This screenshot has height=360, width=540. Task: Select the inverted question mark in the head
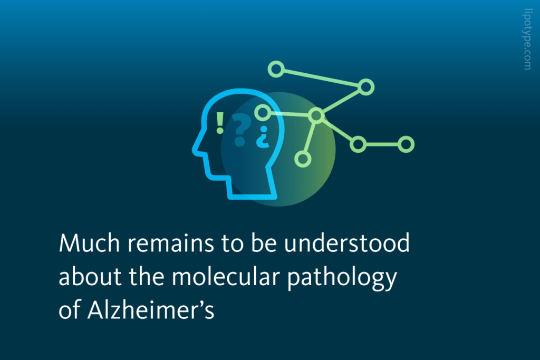click(262, 137)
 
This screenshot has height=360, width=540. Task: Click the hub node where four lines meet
click(316, 115)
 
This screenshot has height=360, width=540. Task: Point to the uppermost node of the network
click(276, 69)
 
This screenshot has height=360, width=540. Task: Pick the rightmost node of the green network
click(406, 144)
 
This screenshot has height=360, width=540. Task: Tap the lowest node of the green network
click(302, 158)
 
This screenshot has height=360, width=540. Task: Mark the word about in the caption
click(84, 278)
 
